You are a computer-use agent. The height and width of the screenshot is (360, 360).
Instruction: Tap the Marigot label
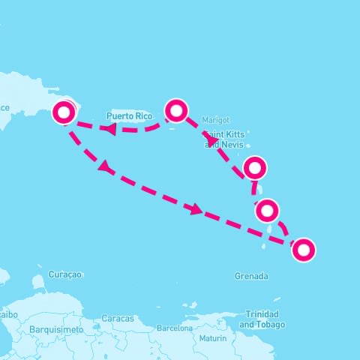[x=215, y=120]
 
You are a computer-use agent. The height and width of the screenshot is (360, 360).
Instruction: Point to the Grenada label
[x=251, y=276]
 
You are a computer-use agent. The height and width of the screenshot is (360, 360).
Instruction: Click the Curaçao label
[x=64, y=274]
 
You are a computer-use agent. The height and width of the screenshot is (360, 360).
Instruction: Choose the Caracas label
[x=118, y=319]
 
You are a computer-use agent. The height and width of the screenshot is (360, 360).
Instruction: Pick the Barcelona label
[x=175, y=328]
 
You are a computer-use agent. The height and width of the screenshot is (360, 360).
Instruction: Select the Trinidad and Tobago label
[x=262, y=319]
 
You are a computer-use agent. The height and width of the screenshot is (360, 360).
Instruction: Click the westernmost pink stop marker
[x=64, y=112]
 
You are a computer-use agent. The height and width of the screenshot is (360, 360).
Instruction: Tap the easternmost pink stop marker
[x=303, y=250]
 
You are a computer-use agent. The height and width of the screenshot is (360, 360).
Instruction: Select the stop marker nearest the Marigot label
[x=176, y=111]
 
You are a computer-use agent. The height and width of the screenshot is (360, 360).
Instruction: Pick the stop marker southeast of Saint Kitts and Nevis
[x=255, y=168]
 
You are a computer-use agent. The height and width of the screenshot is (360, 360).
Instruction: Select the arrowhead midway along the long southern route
[x=196, y=210]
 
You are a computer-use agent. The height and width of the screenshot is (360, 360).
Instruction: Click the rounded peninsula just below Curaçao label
[x=38, y=282]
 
